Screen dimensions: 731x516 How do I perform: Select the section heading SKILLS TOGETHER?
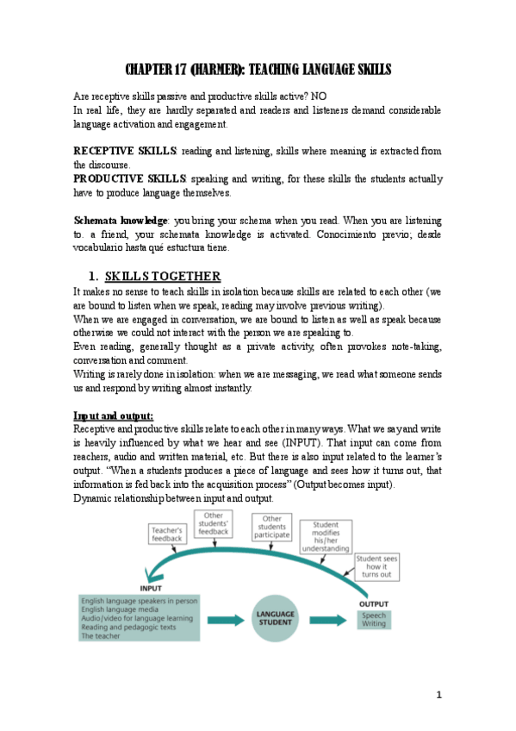(x=163, y=276)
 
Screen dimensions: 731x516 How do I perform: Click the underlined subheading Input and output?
(x=113, y=415)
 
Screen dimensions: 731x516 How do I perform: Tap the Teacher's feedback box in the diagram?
(x=167, y=534)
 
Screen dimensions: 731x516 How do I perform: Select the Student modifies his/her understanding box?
(x=326, y=535)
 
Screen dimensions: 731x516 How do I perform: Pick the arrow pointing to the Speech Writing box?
(x=328, y=618)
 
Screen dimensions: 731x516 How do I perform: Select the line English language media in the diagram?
(x=115, y=609)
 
